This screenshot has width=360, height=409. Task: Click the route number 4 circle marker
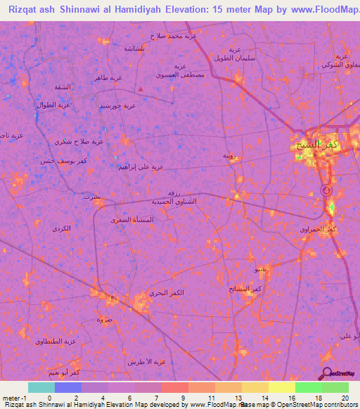[x=326, y=190]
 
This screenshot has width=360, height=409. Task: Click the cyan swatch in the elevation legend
[x=41, y=387]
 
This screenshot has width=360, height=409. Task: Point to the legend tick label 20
[x=344, y=398]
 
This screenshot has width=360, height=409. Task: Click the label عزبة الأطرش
[x=146, y=362]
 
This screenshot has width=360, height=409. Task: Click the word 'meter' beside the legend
[x=11, y=398]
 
